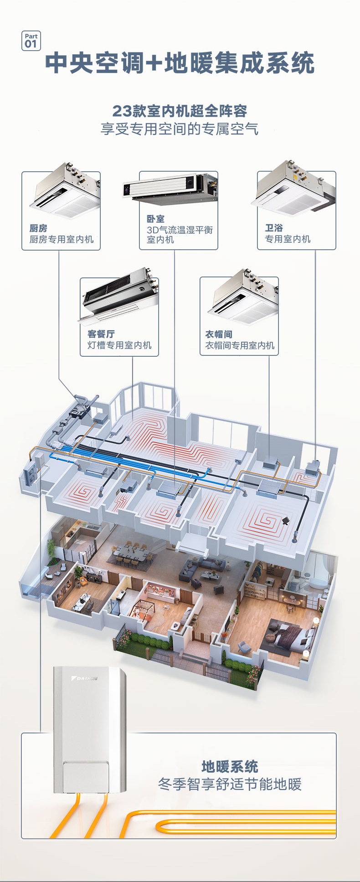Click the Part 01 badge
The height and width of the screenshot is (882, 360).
31,41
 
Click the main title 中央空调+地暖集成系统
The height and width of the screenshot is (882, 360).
180,63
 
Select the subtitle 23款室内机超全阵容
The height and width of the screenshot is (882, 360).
180,111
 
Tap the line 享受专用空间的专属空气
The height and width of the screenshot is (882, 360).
180,129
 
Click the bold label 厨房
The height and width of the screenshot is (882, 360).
38,228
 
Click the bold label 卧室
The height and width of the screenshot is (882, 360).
155,219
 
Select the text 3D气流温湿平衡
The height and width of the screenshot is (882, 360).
180,230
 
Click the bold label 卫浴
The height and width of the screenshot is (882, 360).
274,228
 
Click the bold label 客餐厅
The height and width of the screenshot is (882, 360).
101,334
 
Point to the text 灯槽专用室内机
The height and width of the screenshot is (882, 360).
119,345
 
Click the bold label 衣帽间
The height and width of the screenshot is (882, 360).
219,334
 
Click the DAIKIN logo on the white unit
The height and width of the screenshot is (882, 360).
85,678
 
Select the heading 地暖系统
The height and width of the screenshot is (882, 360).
230,767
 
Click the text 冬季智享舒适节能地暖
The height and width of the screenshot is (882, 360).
230,785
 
